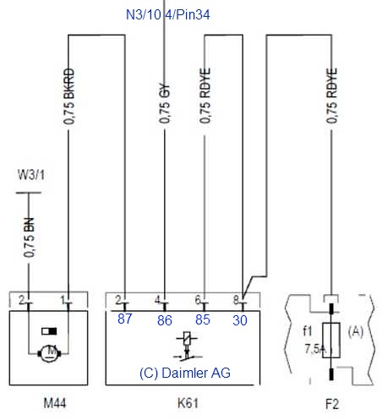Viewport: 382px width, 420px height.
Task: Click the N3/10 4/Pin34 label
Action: click(x=168, y=14)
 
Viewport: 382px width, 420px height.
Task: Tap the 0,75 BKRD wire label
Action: click(x=69, y=96)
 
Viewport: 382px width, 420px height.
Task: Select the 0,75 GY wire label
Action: click(x=165, y=103)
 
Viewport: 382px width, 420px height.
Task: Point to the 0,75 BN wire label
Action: click(x=30, y=237)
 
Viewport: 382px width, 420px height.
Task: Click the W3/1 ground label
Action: click(x=31, y=175)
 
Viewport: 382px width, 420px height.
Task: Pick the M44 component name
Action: click(x=55, y=403)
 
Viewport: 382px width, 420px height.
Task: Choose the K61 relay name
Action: click(x=188, y=403)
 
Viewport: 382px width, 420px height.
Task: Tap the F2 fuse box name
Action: click(x=332, y=404)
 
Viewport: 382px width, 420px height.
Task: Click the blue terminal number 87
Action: click(x=124, y=319)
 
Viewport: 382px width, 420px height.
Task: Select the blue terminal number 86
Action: click(x=165, y=320)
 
